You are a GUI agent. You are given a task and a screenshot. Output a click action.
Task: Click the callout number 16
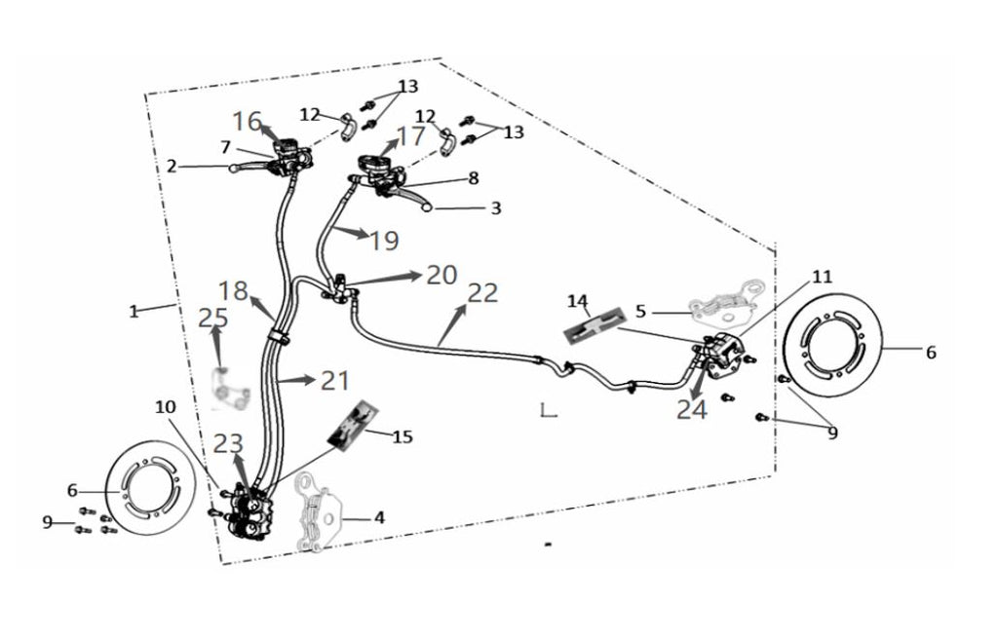click(x=247, y=121)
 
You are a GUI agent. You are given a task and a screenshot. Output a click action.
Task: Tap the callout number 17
click(x=410, y=135)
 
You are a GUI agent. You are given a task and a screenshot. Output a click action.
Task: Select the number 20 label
click(x=441, y=275)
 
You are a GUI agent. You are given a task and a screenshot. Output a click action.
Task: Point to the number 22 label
click(x=482, y=292)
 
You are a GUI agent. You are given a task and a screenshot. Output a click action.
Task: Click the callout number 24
click(x=691, y=410)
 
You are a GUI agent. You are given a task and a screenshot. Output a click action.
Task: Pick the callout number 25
click(x=212, y=318)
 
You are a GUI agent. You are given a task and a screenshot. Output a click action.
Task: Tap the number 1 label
click(x=133, y=312)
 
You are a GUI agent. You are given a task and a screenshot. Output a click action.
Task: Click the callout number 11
click(x=822, y=277)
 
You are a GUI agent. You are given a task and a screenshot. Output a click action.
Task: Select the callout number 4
click(x=379, y=517)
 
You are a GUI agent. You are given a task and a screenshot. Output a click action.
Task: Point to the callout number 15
click(x=403, y=436)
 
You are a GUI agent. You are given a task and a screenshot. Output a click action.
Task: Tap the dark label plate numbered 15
click(x=353, y=424)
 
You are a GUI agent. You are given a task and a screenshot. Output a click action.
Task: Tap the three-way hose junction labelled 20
click(x=340, y=287)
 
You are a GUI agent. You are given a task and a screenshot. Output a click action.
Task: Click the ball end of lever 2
click(x=234, y=168)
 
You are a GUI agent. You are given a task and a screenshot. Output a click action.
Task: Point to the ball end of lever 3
click(x=426, y=207)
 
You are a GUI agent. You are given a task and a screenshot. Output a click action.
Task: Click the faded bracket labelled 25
click(x=228, y=390)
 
